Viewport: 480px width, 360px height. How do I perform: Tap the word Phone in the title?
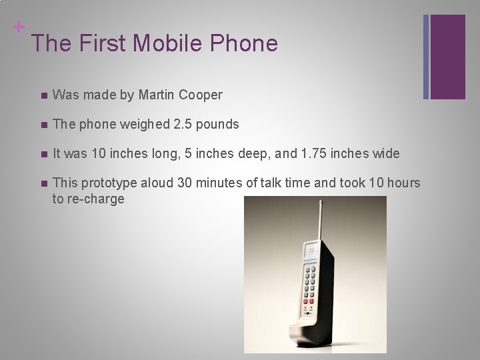pos(244,43)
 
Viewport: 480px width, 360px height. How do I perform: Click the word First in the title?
pos(102,43)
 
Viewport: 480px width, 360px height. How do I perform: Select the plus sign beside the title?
pos(19,27)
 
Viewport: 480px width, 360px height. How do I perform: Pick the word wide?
pos(386,154)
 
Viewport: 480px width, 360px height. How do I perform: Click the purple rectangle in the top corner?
pos(447,57)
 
